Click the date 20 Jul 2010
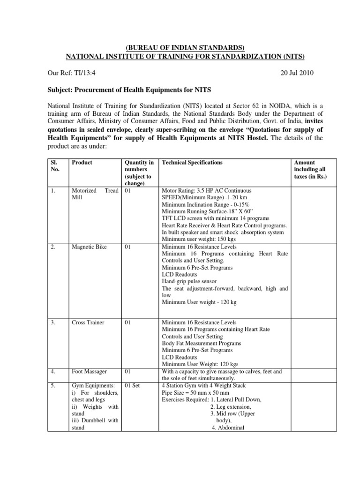[x=295, y=73]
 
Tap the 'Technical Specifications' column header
[x=192, y=163]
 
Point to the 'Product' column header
[x=82, y=163]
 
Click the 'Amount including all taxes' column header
[x=310, y=170]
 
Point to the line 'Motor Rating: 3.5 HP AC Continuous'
[x=206, y=191]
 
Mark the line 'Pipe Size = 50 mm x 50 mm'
[x=195, y=392]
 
